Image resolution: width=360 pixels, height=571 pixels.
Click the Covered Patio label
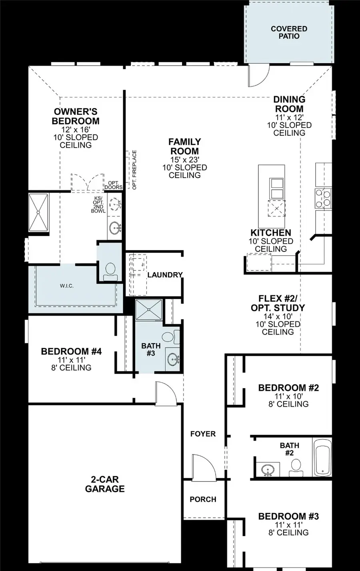click(x=289, y=32)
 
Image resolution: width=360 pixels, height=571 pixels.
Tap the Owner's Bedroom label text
click(x=76, y=116)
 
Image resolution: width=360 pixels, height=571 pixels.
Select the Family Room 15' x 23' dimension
click(x=184, y=160)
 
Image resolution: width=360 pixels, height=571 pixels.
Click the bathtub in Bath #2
click(x=323, y=457)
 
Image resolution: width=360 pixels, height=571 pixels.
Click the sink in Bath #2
click(x=267, y=469)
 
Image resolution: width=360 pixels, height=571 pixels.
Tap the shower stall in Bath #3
click(x=148, y=310)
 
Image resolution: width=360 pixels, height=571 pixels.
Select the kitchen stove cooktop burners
click(x=323, y=198)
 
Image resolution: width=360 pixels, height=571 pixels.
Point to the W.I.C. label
click(x=67, y=286)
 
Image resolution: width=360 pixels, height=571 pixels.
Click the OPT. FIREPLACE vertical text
click(x=134, y=170)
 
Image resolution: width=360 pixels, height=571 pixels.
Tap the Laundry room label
click(x=165, y=275)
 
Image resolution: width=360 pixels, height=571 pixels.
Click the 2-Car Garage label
click(x=105, y=484)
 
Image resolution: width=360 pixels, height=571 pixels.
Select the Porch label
click(x=203, y=499)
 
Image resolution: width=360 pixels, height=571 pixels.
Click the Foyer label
click(x=203, y=434)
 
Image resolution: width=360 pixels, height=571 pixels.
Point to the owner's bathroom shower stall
click(x=38, y=212)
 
